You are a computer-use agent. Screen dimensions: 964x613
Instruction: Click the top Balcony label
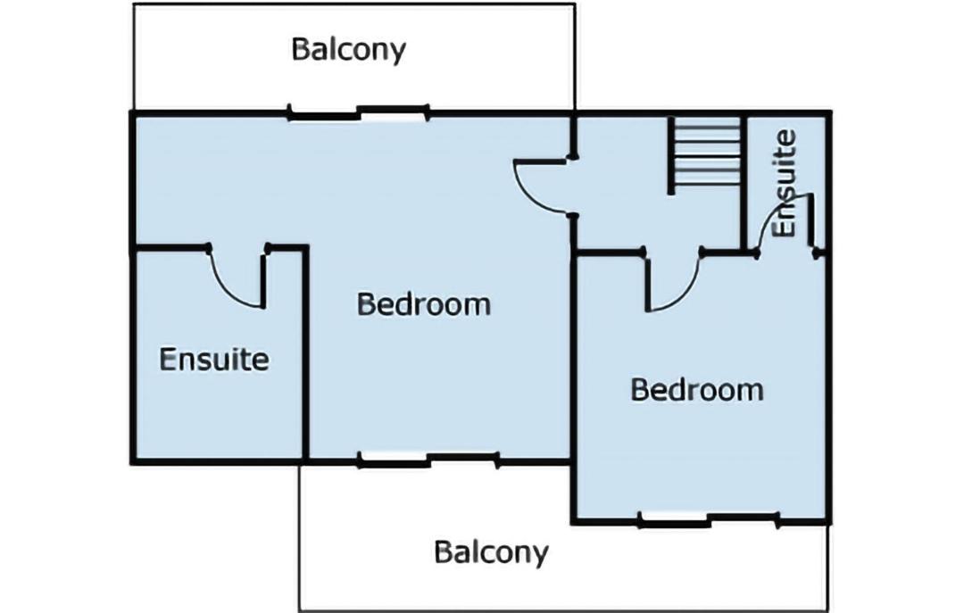(x=349, y=49)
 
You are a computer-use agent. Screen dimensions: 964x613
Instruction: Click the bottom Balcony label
(x=491, y=552)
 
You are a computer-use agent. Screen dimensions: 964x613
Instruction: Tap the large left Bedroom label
(x=424, y=303)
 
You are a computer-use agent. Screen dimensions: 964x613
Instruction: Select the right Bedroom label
(x=697, y=389)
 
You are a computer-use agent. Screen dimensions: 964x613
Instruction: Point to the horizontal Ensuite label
(x=214, y=359)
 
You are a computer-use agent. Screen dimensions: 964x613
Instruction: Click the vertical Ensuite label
(x=785, y=183)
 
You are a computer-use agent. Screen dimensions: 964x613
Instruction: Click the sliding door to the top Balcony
(x=359, y=112)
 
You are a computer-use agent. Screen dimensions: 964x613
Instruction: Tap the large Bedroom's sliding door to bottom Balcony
(x=428, y=459)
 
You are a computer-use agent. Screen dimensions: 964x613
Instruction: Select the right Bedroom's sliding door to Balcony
(x=711, y=520)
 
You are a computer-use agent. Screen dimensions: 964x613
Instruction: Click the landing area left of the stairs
(x=622, y=185)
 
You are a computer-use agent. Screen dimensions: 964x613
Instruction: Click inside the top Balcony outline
(x=354, y=80)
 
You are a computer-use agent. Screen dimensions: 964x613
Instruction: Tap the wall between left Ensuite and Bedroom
(x=303, y=352)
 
